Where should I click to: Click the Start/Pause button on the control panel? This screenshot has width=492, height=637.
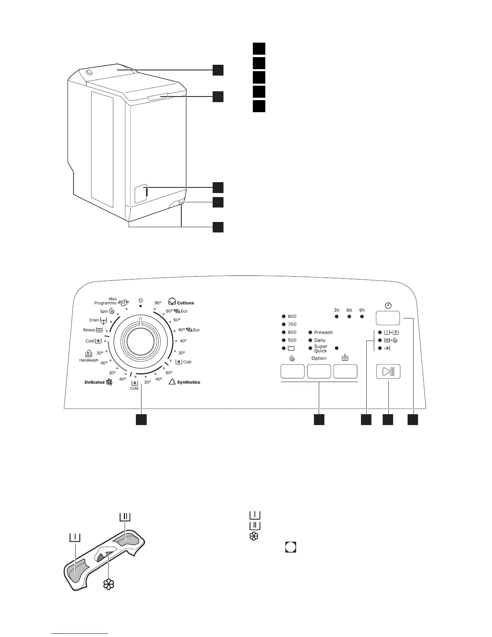point(388,371)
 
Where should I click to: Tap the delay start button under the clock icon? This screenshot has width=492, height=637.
point(388,318)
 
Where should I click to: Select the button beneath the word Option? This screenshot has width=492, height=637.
point(319,371)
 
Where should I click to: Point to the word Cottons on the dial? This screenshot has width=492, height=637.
point(185,303)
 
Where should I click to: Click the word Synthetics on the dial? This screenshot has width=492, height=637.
point(188,382)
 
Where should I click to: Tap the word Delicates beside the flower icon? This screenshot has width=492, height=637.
point(94,382)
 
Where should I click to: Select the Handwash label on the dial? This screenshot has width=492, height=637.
point(88,360)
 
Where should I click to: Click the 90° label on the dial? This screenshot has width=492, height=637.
point(158,303)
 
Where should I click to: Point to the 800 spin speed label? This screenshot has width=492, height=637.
point(292,316)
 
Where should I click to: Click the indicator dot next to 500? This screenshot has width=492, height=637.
point(283,340)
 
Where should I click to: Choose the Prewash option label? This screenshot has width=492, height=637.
point(323,333)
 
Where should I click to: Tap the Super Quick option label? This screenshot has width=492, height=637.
point(321,348)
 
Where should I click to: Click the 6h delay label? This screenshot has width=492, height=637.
point(349,310)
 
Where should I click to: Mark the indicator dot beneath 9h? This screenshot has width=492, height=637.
point(362,317)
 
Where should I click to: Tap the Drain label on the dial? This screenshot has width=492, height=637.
point(94,320)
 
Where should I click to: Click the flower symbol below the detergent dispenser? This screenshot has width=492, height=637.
point(109,584)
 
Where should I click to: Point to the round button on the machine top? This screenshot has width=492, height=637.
point(89,72)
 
